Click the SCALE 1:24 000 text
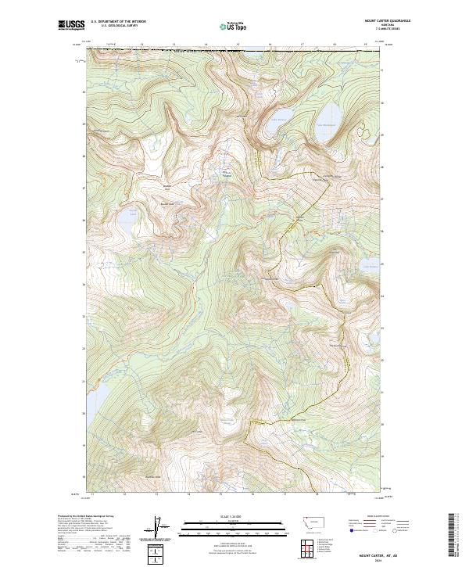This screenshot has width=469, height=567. [225, 515]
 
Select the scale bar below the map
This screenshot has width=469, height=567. [225, 524]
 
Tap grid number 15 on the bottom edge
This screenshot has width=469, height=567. [221, 493]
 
